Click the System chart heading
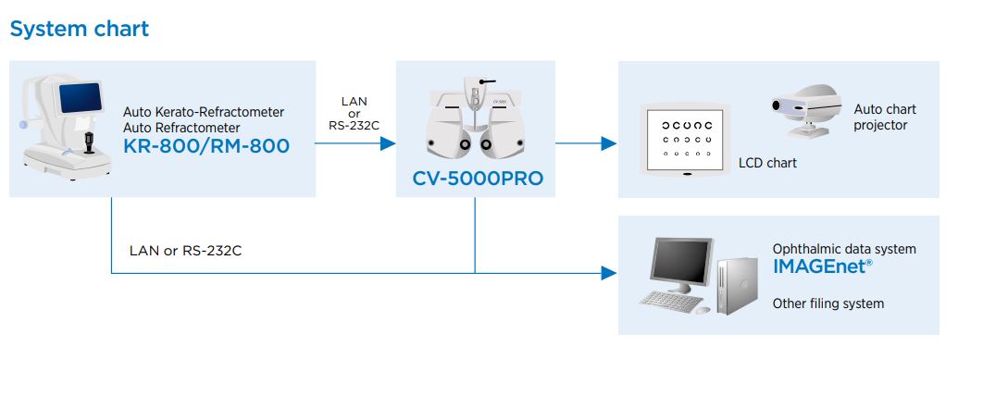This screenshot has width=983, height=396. (79, 29)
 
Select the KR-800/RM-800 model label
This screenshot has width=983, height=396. (205, 145)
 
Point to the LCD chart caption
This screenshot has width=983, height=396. (767, 163)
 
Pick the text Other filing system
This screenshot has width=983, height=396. (827, 303)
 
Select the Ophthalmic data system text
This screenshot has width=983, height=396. (843, 249)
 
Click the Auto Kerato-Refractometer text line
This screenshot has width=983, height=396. (204, 111)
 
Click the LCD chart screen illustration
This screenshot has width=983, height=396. (686, 139)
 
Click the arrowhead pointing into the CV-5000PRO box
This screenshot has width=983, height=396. (388, 142)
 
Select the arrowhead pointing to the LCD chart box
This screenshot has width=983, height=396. (609, 142)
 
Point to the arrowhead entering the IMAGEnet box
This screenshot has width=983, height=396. (609, 273)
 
